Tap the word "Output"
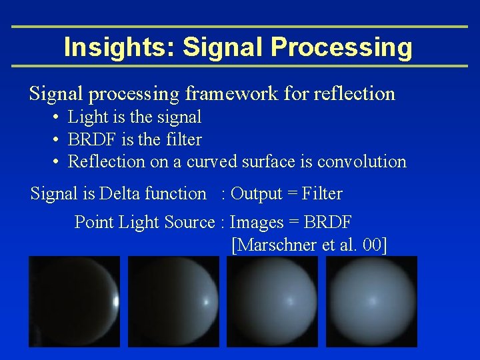(x=257, y=194)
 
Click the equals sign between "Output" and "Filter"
(x=292, y=195)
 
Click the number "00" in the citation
(x=371, y=245)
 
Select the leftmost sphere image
(x=74, y=301)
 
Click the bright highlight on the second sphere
(x=205, y=302)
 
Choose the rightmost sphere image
(x=371, y=301)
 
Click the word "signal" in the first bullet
(x=179, y=118)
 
